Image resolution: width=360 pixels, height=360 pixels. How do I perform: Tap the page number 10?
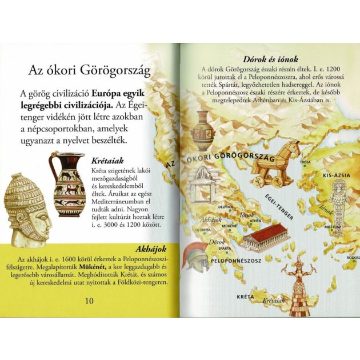tap(89, 301)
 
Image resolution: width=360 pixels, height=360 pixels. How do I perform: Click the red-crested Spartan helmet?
tap(195, 255)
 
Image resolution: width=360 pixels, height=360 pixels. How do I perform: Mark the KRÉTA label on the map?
tap(245, 297)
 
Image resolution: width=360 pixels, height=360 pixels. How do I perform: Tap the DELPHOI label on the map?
tap(225, 206)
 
